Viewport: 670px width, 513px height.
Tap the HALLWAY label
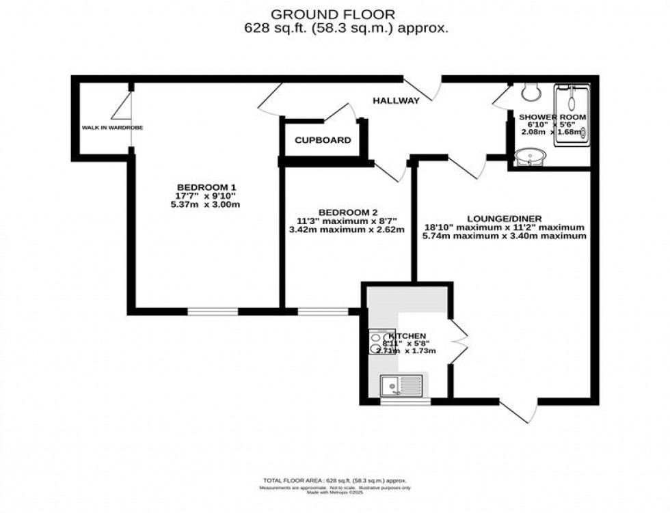pyautogui.click(x=396, y=101)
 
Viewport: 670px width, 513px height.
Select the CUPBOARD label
pyautogui.click(x=323, y=140)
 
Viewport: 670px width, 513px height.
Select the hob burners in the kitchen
pyautogui.click(x=377, y=342)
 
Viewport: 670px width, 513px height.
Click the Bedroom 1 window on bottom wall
pyautogui.click(x=213, y=311)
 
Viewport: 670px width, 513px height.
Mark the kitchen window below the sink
pyautogui.click(x=405, y=402)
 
